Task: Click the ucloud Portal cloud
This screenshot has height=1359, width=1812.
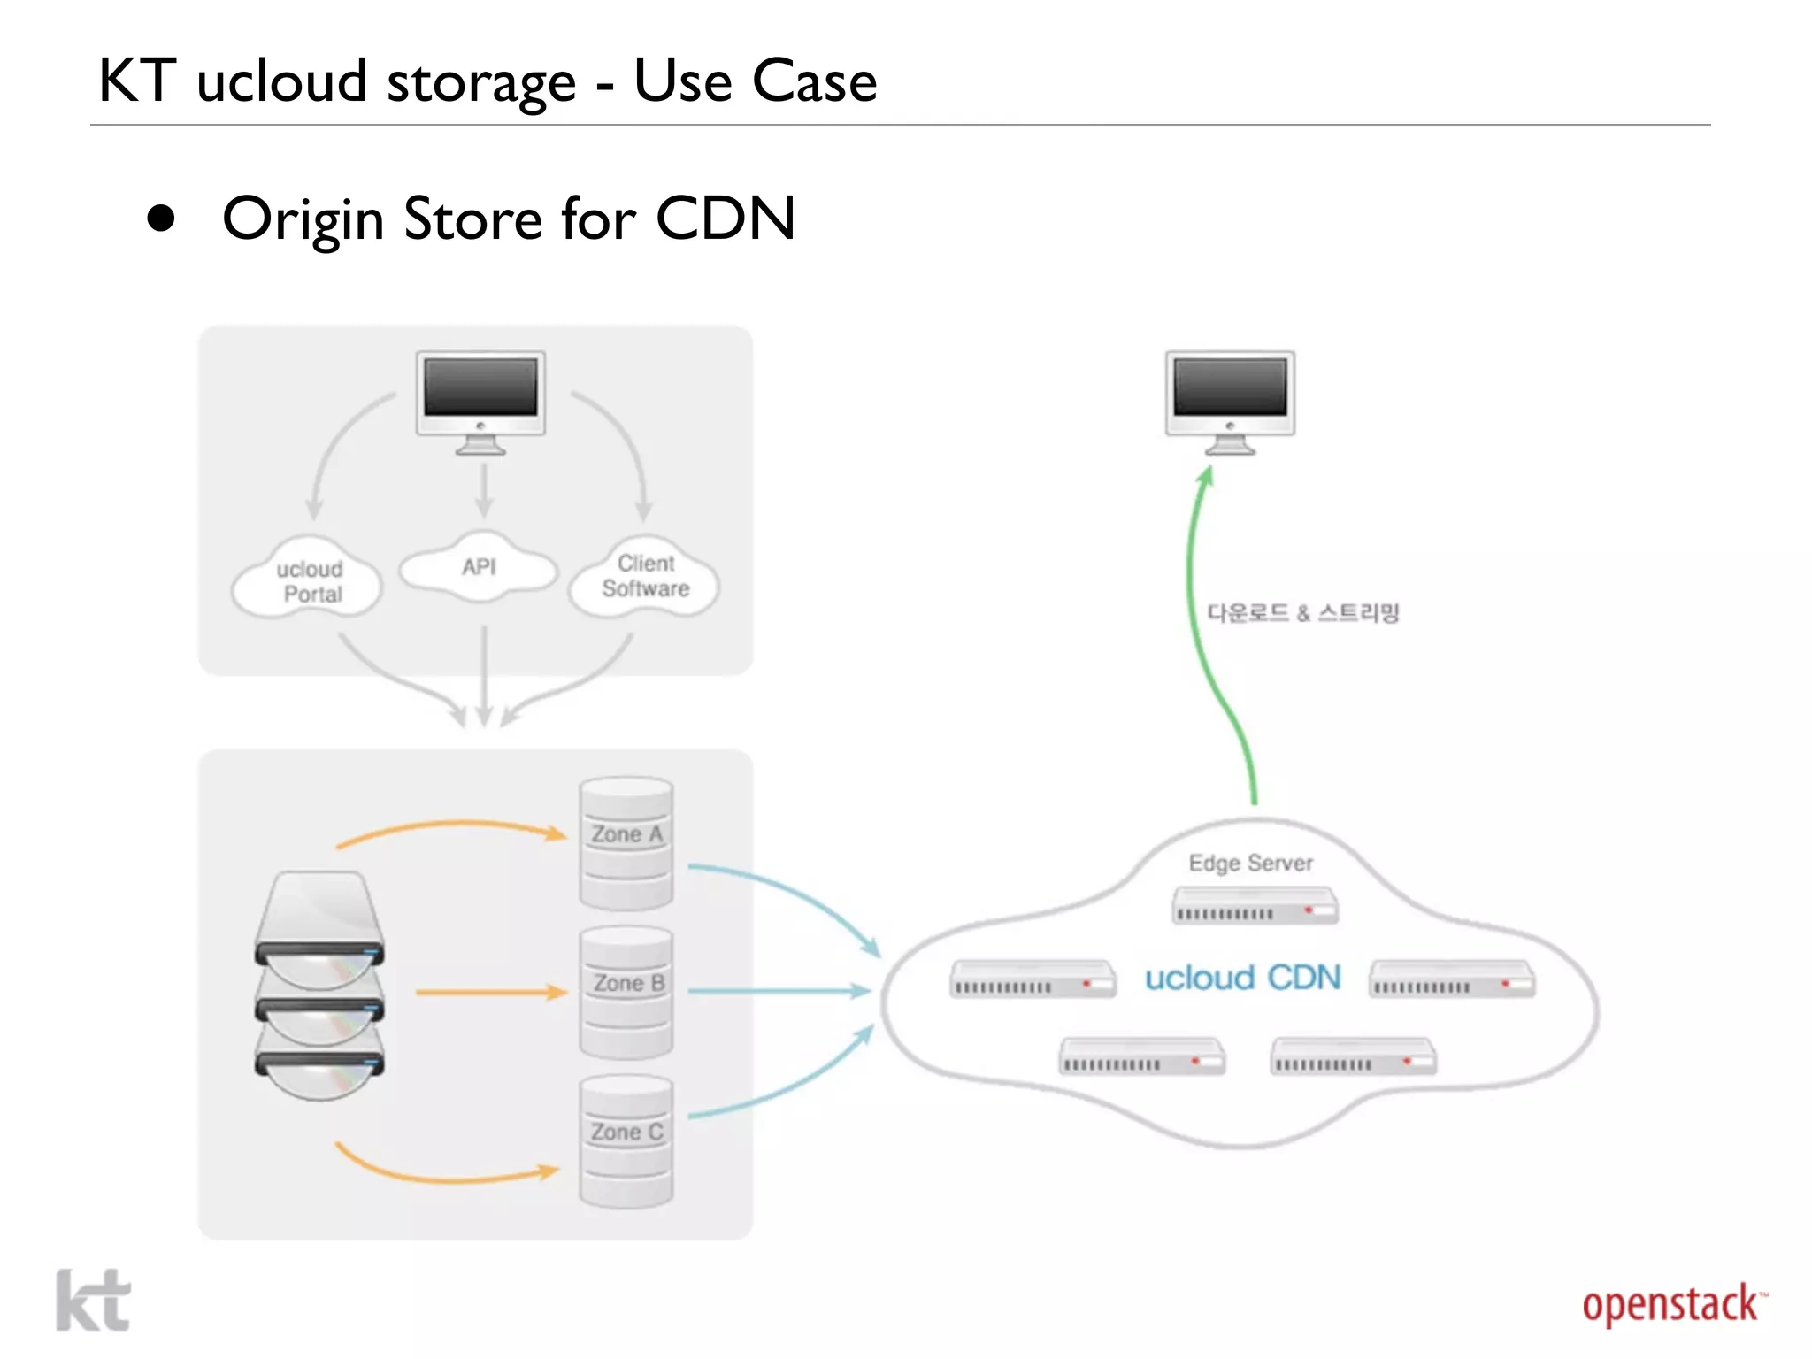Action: [308, 580]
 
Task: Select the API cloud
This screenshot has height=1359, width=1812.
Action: [479, 568]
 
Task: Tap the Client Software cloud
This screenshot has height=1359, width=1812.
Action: [645, 577]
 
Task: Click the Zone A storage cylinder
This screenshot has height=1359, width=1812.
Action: [626, 843]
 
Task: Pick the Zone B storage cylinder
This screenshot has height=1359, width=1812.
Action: [626, 992]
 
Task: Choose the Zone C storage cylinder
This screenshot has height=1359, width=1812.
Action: [626, 1140]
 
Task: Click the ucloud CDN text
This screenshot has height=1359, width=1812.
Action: [1242, 978]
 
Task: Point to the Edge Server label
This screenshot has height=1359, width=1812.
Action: [1250, 863]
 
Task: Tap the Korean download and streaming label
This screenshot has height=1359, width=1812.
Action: [1302, 612]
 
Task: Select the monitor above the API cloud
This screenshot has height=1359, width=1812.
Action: [480, 400]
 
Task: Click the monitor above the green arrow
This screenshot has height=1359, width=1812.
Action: [1230, 400]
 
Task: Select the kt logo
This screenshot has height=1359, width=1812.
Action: [93, 1300]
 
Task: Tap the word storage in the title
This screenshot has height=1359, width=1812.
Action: [481, 82]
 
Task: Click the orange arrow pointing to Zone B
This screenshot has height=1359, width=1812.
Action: [491, 993]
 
